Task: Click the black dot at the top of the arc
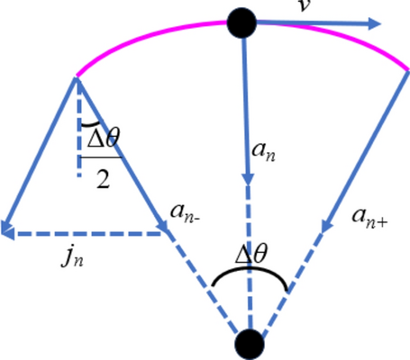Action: (242, 22)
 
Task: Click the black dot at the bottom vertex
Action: (249, 344)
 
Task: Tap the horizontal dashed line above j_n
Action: (90, 234)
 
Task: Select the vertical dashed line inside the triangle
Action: (77, 153)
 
